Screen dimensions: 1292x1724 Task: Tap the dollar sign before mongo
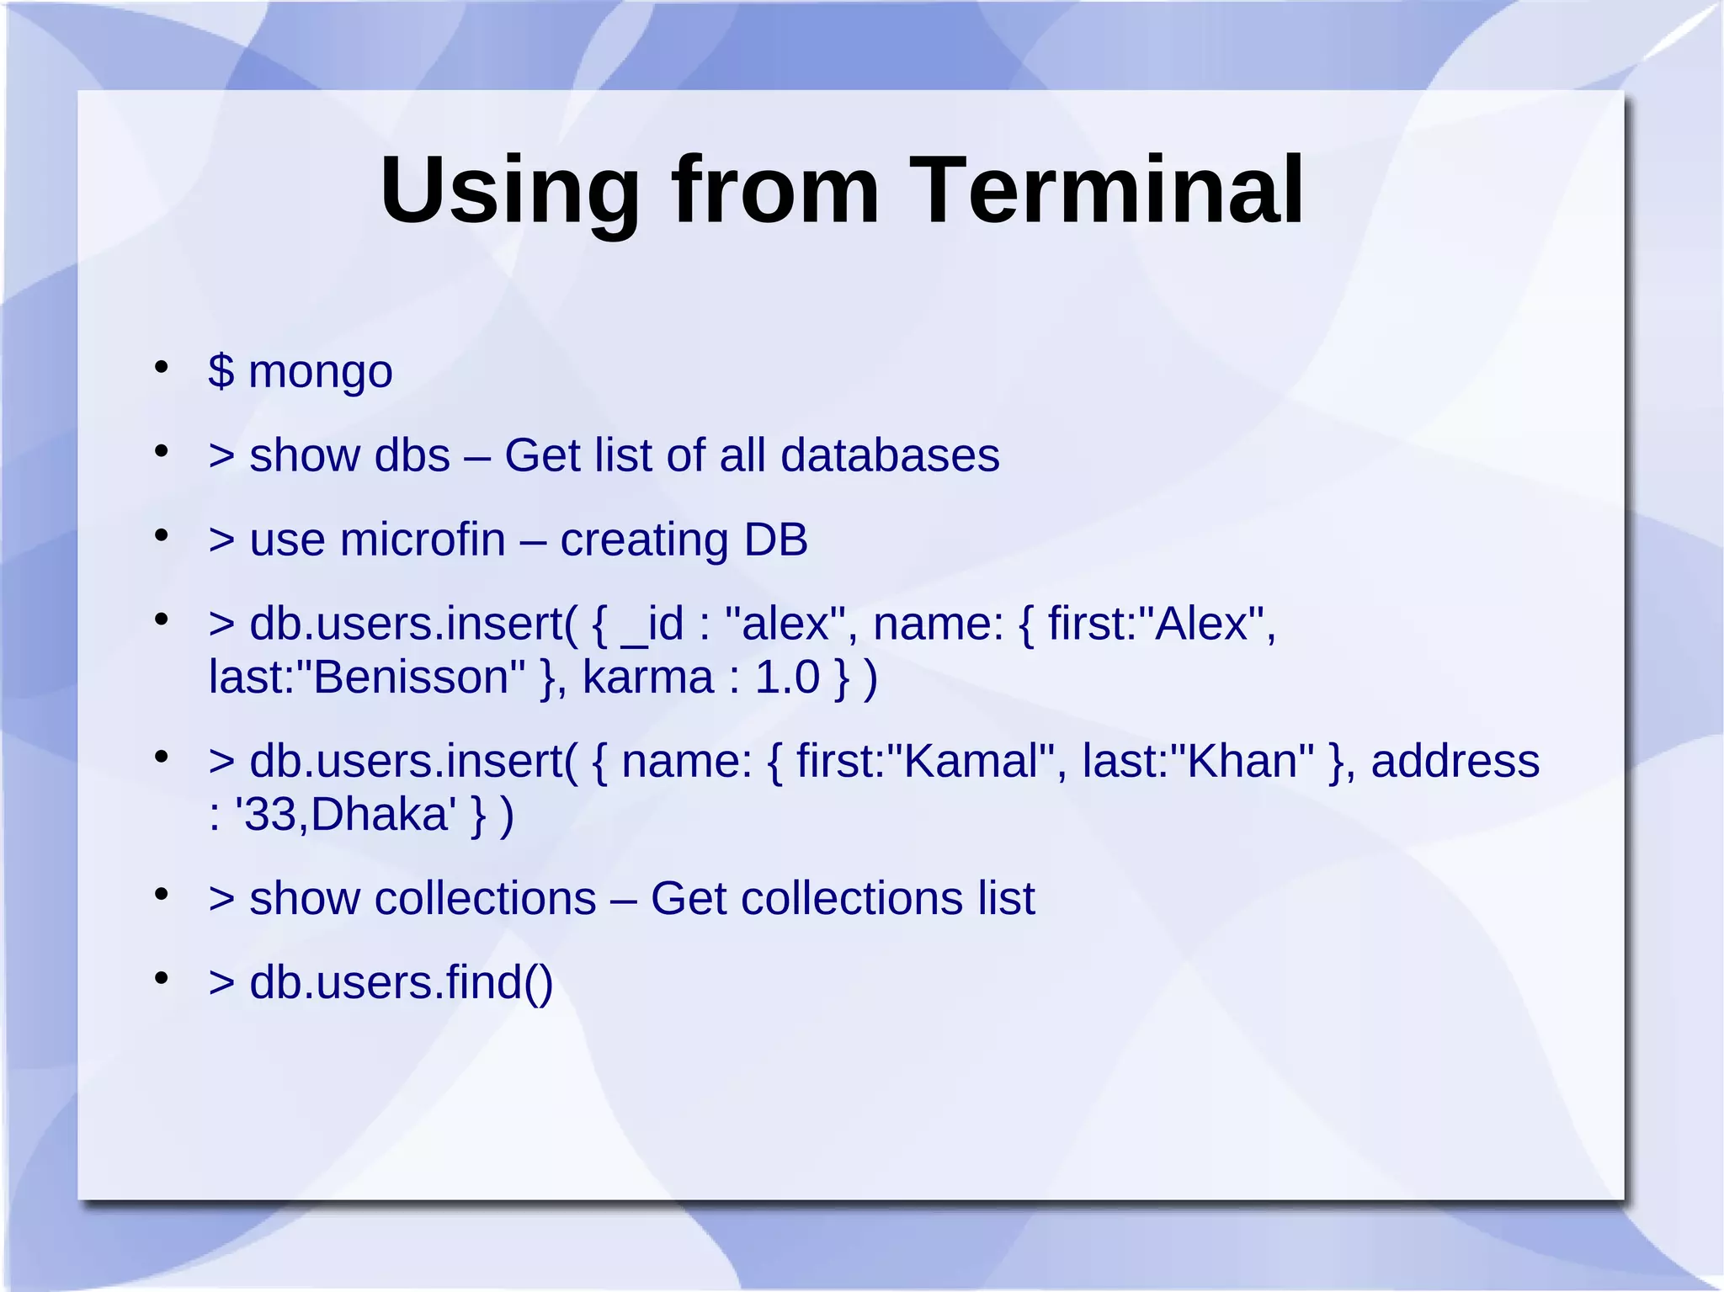click(x=221, y=371)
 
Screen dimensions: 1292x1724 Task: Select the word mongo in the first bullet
click(x=320, y=373)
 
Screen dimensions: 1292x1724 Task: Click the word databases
click(x=890, y=455)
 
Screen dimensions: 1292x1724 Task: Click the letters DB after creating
click(x=775, y=540)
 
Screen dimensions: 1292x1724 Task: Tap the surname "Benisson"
click(x=418, y=678)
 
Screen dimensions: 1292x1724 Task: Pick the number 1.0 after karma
click(x=786, y=678)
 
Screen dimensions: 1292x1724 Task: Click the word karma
click(x=647, y=678)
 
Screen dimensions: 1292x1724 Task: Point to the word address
click(x=1455, y=761)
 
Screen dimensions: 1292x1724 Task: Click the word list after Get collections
click(x=1006, y=898)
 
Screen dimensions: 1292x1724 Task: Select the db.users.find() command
click(x=401, y=982)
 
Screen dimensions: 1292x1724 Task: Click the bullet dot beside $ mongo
click(x=162, y=367)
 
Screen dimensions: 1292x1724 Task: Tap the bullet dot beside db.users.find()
click(x=162, y=978)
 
